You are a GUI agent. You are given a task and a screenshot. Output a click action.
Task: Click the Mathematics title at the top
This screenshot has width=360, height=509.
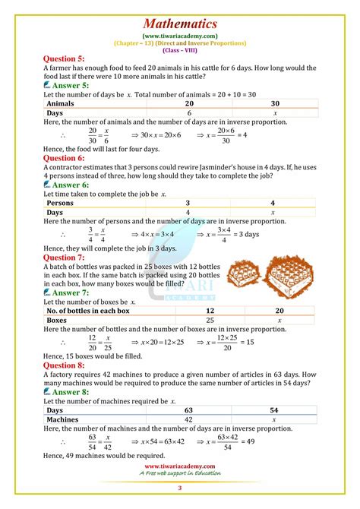[180, 24]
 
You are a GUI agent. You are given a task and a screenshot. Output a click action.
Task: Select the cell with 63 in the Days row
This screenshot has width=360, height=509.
[210, 410]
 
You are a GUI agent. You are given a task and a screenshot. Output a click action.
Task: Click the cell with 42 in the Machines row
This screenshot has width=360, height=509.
[210, 420]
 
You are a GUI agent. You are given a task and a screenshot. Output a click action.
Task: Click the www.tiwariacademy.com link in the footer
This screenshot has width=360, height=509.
[180, 466]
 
